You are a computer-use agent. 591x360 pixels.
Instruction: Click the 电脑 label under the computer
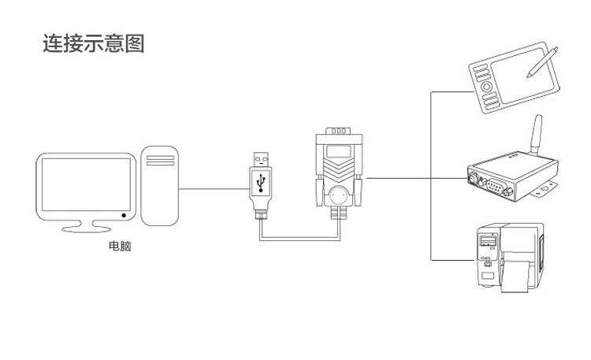pos(120,247)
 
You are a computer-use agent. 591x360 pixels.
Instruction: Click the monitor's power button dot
pos(124,214)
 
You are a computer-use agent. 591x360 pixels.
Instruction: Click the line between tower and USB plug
pos(211,187)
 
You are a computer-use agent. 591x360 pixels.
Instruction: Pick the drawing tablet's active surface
pos(516,79)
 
